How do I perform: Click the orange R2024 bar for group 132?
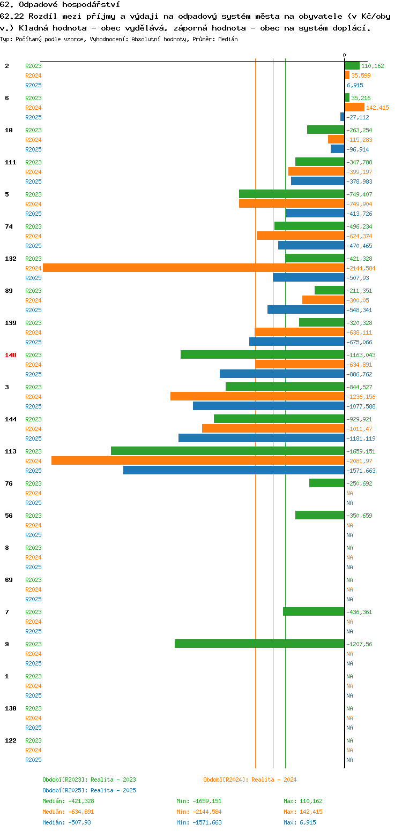[x=193, y=268]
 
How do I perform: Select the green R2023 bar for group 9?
[x=259, y=644]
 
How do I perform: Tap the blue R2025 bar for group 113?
[x=234, y=470]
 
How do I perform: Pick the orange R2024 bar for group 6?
[x=354, y=107]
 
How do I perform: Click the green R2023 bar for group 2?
[x=352, y=65]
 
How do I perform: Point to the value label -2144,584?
[x=361, y=268]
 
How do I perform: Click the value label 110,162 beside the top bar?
[x=373, y=66]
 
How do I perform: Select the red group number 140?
[x=10, y=355]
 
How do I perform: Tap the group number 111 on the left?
[x=10, y=162]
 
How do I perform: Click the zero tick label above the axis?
[x=344, y=55]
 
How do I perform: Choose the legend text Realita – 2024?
[x=274, y=780]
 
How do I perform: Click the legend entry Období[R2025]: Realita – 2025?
[x=90, y=790]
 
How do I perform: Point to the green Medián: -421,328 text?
[x=68, y=801]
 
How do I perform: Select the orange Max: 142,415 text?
[x=303, y=812]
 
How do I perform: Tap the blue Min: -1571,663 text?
[x=199, y=823]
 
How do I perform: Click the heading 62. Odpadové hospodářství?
[x=60, y=5]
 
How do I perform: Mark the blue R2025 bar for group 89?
[x=306, y=309]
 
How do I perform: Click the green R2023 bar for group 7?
[x=314, y=611]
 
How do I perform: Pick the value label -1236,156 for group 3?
[x=361, y=397]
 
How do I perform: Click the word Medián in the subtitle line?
[x=228, y=40]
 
